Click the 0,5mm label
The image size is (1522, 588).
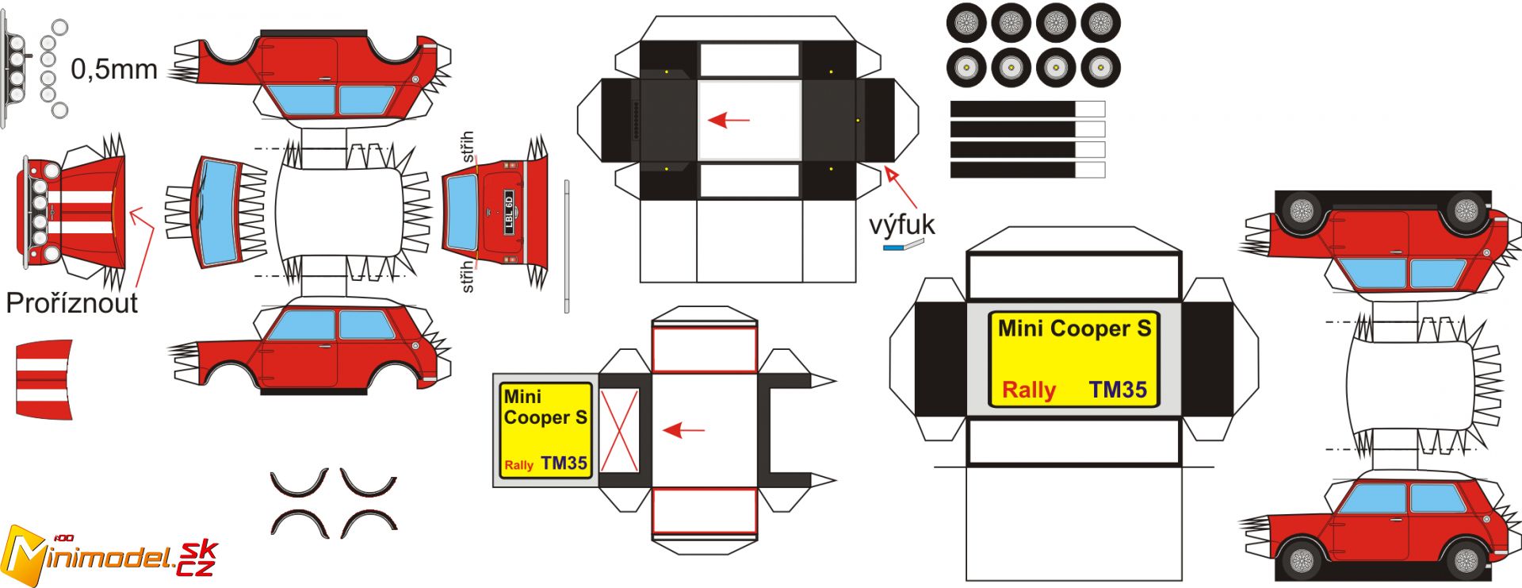pyautogui.click(x=114, y=70)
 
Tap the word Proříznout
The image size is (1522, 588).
pyautogui.click(x=71, y=303)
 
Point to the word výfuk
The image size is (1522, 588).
pyautogui.click(x=902, y=225)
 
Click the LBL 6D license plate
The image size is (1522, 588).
pyautogui.click(x=509, y=212)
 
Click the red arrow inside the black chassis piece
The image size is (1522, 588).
pyautogui.click(x=728, y=121)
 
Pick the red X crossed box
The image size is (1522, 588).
pyautogui.click(x=619, y=430)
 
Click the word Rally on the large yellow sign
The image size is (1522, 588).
pyautogui.click(x=1028, y=390)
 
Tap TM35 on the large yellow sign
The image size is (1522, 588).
pyautogui.click(x=1118, y=390)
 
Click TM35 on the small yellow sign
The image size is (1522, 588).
pyautogui.click(x=564, y=463)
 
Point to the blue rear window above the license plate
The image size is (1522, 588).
pyautogui.click(x=462, y=212)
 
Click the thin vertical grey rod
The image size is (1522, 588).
pyautogui.click(x=567, y=246)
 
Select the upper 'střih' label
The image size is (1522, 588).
pyautogui.click(x=468, y=148)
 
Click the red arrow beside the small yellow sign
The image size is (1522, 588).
pyautogui.click(x=683, y=430)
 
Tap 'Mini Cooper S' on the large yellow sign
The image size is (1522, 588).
pyautogui.click(x=1074, y=329)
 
